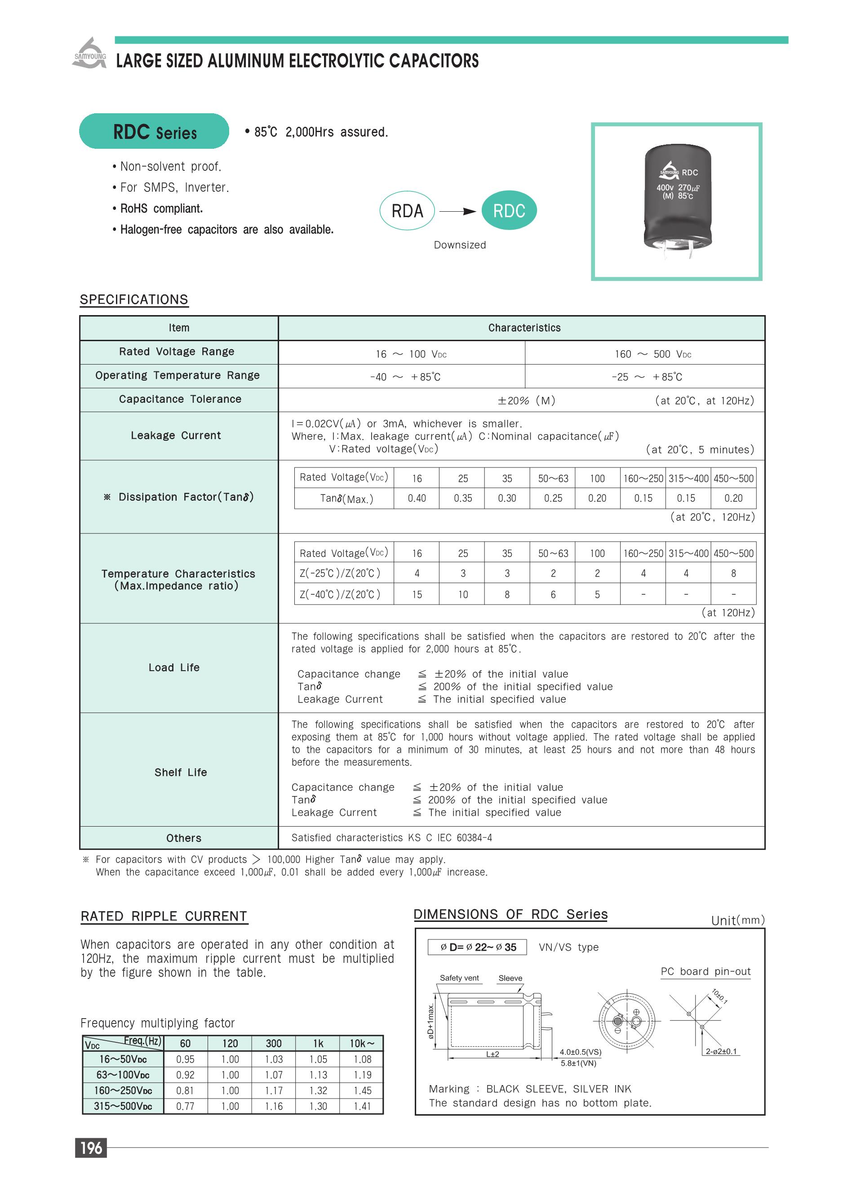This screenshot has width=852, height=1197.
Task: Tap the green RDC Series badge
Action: [154, 131]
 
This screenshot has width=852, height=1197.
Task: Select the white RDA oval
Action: [407, 211]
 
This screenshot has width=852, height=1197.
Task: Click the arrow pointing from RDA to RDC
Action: [457, 211]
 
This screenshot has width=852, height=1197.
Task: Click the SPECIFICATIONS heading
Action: [134, 300]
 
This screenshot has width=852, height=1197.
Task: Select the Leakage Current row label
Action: [176, 436]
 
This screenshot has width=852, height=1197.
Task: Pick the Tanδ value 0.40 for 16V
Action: [417, 498]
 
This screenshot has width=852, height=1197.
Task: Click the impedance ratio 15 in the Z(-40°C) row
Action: [417, 595]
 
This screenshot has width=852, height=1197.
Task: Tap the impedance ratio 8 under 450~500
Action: [733, 574]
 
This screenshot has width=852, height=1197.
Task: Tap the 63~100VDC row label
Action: [123, 1075]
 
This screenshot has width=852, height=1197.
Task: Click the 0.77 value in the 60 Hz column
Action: [185, 1106]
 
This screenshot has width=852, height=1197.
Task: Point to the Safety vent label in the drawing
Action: [459, 978]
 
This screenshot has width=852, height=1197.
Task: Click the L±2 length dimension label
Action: [492, 1054]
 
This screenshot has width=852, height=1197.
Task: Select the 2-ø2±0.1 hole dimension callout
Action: [721, 1052]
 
